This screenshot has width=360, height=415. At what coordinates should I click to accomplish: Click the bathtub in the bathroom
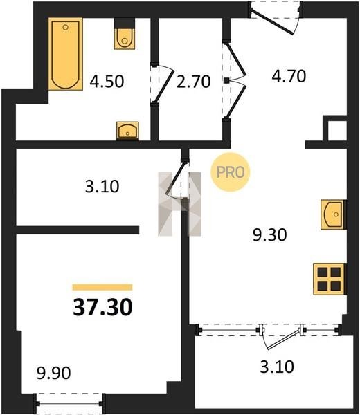(x=66, y=54)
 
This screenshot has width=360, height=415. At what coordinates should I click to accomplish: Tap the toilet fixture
(x=125, y=34)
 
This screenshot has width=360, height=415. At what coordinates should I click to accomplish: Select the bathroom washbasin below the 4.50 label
(x=127, y=130)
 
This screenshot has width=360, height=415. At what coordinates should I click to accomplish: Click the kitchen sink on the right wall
(x=333, y=214)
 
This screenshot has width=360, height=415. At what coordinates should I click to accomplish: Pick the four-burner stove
(x=329, y=279)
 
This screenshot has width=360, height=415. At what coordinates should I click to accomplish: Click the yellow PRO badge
(x=231, y=172)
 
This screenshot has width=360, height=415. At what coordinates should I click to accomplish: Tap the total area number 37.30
(x=102, y=307)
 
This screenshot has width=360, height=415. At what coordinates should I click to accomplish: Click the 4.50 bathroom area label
(x=107, y=81)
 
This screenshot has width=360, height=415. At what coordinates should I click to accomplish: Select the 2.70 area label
(x=194, y=81)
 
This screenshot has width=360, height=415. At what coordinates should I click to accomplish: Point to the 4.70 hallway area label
(x=289, y=75)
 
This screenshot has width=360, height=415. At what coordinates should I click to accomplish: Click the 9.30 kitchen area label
(x=270, y=234)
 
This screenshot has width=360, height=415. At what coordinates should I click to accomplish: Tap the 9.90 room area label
(x=54, y=373)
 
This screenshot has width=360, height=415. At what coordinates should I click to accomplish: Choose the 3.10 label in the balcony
(x=277, y=367)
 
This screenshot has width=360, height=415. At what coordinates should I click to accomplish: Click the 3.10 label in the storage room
(x=102, y=186)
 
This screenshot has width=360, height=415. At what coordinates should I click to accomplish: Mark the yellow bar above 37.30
(x=102, y=287)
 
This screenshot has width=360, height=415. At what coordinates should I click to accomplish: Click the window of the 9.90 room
(x=70, y=404)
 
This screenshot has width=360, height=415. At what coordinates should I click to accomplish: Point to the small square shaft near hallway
(x=337, y=131)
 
